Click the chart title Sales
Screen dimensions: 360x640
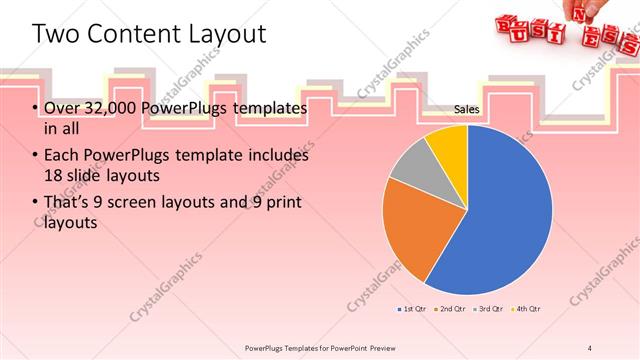467,109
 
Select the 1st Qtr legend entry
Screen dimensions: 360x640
414,309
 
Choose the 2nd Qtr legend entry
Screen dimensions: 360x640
451,309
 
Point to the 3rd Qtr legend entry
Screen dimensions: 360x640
488,309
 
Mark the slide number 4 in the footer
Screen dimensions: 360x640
590,347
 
